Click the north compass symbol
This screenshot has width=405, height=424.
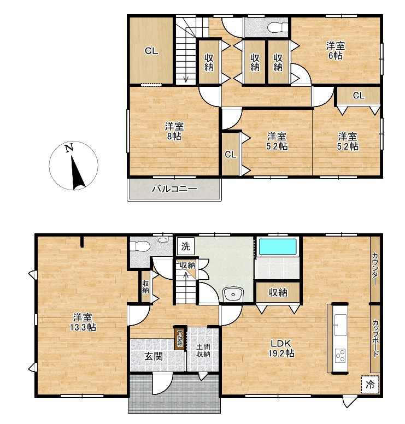point(73,166)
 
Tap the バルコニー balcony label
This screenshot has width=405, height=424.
point(174,189)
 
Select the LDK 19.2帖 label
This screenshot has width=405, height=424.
point(281,348)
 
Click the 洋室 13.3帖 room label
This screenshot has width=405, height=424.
point(83,322)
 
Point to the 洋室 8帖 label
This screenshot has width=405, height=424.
point(174,131)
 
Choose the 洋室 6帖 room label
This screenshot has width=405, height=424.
point(336,51)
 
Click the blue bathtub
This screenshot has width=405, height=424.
point(278,246)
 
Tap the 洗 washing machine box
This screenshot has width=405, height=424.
point(186,246)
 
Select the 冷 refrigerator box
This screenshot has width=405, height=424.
point(370,384)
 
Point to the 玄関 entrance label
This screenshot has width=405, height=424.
point(154,356)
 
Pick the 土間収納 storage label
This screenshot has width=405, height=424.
point(203,350)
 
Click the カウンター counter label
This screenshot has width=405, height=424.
point(375,268)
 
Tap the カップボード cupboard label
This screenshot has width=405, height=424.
point(375,338)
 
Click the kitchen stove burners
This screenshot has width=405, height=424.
point(340,356)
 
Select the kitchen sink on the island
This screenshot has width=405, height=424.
point(340,325)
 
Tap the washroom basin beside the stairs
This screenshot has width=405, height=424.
point(233,294)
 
